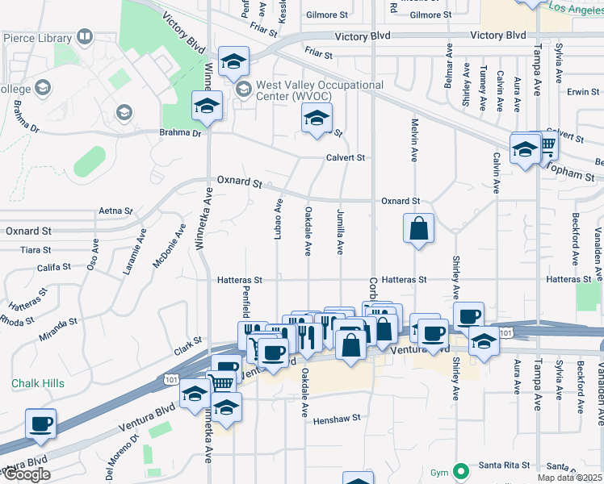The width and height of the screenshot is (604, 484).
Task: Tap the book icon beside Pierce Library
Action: click(x=84, y=37)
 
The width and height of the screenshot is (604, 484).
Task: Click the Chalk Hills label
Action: click(x=37, y=383)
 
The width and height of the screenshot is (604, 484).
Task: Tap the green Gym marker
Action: click(x=461, y=470)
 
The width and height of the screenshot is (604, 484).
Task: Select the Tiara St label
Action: click(x=36, y=250)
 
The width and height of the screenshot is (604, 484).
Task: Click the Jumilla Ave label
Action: click(x=340, y=232)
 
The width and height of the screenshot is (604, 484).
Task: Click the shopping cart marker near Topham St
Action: click(x=547, y=144)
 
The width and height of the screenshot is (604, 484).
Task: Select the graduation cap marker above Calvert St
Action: click(x=317, y=118)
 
